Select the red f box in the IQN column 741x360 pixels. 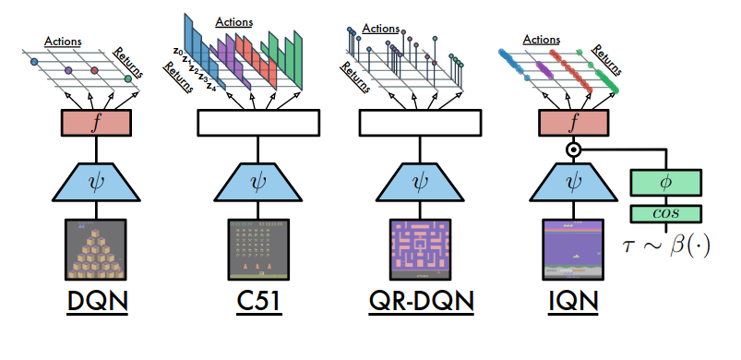[x=574, y=122]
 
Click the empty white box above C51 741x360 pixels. [x=258, y=122]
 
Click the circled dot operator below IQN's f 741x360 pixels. [x=573, y=149]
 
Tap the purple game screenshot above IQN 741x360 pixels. [x=574, y=249]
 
